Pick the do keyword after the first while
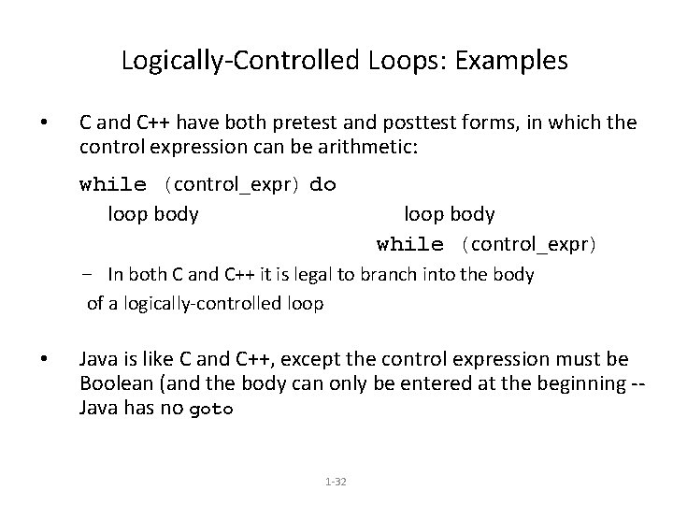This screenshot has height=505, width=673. click(322, 184)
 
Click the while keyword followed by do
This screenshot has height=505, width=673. click(113, 184)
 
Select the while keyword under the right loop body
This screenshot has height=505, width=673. click(410, 245)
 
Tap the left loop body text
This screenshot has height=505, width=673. click(153, 214)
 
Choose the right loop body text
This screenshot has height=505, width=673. click(450, 214)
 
